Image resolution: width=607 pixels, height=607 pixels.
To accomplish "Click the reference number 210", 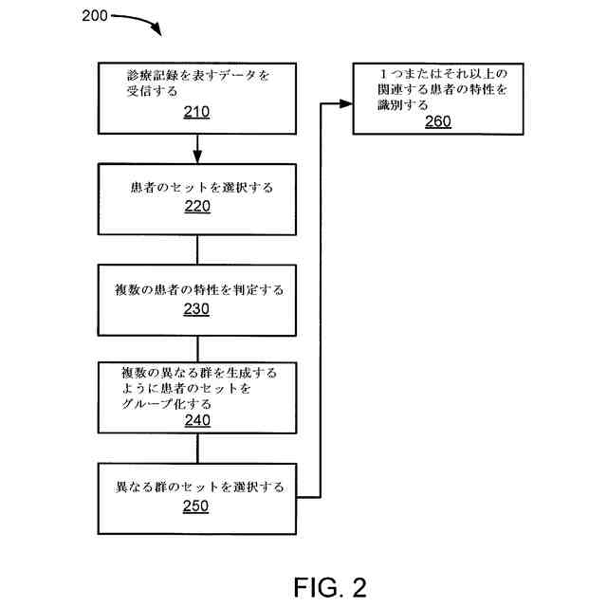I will click(196, 112).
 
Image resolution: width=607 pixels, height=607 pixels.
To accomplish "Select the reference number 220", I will click(196, 207).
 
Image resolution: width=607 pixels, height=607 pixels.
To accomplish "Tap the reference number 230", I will click(196, 309).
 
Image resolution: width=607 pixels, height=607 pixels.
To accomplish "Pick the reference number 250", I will click(196, 506).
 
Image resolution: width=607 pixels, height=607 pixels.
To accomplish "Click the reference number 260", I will click(437, 120).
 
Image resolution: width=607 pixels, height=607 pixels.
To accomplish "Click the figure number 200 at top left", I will click(96, 16).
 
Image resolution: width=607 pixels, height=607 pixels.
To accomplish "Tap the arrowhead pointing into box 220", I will click(196, 156).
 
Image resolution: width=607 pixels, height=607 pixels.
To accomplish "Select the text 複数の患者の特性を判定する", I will click(196, 290).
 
